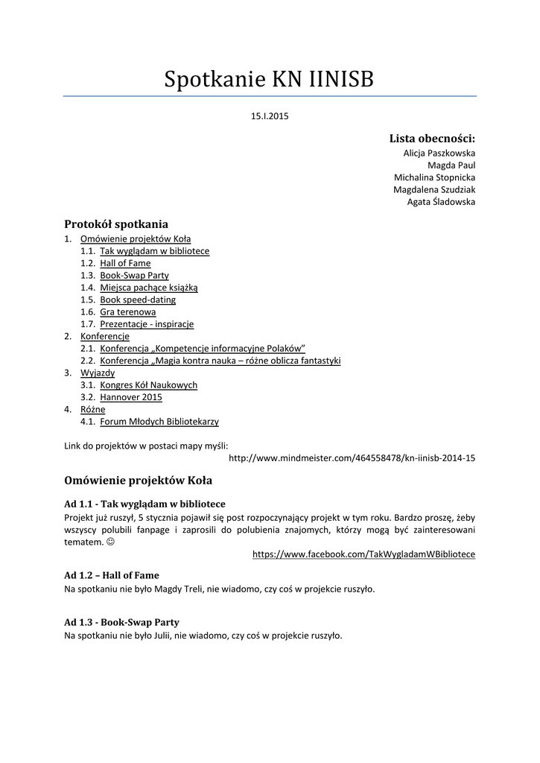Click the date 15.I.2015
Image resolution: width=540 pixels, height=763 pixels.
(270, 117)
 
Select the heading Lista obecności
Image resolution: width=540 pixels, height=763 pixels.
(432, 139)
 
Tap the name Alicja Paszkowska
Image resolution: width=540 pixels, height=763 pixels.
(439, 153)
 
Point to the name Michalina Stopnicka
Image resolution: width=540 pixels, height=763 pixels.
(434, 177)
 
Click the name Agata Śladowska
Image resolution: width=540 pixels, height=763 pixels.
(441, 202)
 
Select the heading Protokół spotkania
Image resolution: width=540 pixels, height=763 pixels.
(116, 224)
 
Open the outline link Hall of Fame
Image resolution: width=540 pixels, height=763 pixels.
(125, 263)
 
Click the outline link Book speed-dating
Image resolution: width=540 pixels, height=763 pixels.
(138, 300)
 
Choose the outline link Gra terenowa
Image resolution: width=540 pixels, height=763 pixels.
(128, 312)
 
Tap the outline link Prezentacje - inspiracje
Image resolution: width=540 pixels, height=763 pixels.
(147, 324)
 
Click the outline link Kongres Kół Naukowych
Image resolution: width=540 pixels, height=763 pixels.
(148, 385)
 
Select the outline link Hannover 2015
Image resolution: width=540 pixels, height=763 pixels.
(131, 397)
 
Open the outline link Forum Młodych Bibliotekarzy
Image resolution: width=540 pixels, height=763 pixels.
(159, 422)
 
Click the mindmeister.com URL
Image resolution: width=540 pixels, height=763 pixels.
(352, 458)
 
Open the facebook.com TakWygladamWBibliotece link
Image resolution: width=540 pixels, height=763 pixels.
(363, 554)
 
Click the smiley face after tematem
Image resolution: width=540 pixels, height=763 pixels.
(111, 542)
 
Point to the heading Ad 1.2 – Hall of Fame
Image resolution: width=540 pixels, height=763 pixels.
(112, 575)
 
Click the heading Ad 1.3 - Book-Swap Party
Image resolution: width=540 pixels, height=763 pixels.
(121, 622)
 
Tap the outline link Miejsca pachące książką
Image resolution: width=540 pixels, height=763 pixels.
(149, 288)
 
